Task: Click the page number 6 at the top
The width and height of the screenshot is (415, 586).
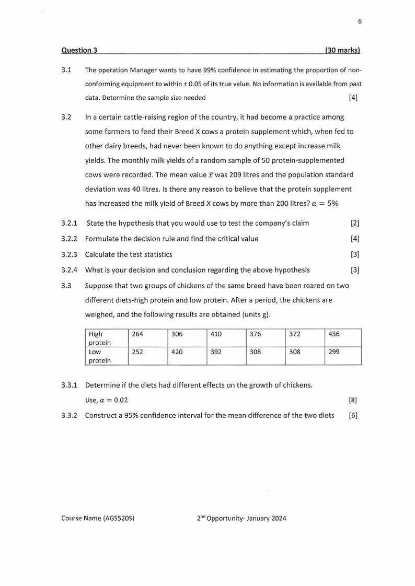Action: (360, 21)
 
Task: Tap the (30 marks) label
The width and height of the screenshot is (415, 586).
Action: (342, 51)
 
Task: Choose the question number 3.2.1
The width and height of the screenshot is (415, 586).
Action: (70, 224)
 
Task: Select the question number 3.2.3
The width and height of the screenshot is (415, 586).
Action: (70, 254)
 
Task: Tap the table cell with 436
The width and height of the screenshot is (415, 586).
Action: (335, 334)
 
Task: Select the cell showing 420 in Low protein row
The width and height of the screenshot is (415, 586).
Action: (177, 352)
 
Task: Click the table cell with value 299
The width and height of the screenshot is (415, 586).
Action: (335, 352)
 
